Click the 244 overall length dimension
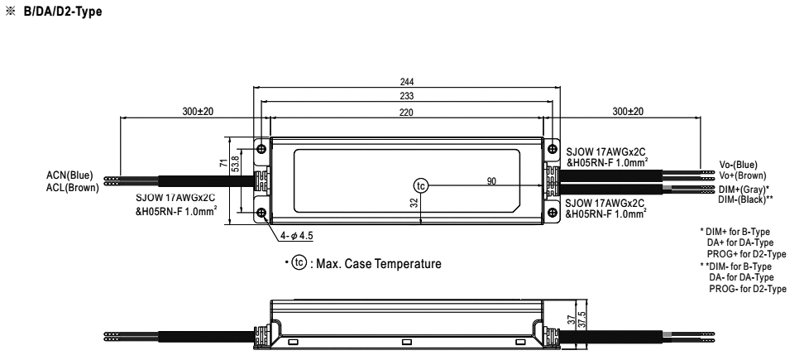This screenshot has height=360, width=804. pyautogui.click(x=407, y=82)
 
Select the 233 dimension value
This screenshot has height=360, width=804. pyautogui.click(x=407, y=96)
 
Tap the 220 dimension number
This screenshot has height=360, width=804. pyautogui.click(x=406, y=113)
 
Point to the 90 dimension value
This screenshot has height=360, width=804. pyautogui.click(x=491, y=181)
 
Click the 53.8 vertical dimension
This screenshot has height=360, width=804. pyautogui.click(x=235, y=165)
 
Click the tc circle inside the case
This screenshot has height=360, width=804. pyautogui.click(x=420, y=185)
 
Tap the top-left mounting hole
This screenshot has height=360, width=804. pyautogui.click(x=262, y=149)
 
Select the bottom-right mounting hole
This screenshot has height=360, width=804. pyautogui.click(x=552, y=213)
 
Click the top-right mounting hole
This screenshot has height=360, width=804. pyautogui.click(x=552, y=149)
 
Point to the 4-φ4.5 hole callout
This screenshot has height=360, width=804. pyautogui.click(x=296, y=236)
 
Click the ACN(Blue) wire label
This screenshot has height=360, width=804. pyautogui.click(x=69, y=175)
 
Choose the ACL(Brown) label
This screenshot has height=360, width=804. pyautogui.click(x=72, y=187)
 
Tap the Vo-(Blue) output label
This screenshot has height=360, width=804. pyautogui.click(x=738, y=165)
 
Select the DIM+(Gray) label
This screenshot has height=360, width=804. pyautogui.click(x=744, y=190)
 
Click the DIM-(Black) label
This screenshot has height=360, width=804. pyautogui.click(x=745, y=199)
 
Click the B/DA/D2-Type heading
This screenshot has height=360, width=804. pyautogui.click(x=63, y=12)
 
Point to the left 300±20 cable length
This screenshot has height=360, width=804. pyautogui.click(x=198, y=111)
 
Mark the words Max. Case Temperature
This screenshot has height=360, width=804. pyautogui.click(x=378, y=264)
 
